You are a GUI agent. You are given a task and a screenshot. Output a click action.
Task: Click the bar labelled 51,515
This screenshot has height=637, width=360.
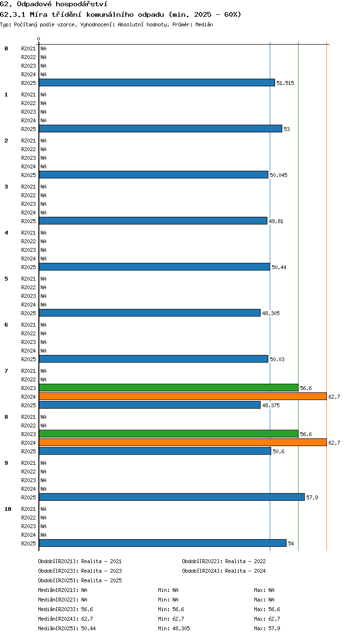coord(157,83)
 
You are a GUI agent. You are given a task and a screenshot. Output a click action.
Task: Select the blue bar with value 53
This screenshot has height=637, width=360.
coord(160,129)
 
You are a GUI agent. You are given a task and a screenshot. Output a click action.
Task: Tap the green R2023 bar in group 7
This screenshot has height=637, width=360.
coord(168,388)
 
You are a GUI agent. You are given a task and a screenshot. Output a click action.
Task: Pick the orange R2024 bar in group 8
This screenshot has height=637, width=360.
coord(183,442)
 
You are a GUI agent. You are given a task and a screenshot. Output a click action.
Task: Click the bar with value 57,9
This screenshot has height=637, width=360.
coord(172,497)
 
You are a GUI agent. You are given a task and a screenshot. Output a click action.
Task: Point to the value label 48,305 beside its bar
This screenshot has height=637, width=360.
coord(271,313)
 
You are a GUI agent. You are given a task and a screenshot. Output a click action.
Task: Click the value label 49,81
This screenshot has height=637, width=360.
coord(276,221)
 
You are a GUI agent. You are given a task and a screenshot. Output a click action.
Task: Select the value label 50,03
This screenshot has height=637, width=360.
coord(277,359)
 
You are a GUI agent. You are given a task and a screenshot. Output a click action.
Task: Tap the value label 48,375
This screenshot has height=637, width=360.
coord(271,405)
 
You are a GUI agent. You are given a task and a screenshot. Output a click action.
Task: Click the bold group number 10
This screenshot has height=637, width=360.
coord(8,509)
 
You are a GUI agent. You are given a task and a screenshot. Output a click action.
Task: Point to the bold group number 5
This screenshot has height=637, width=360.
coord(6,279)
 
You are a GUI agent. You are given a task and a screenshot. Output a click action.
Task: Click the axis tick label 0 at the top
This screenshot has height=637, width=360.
coord(39,39)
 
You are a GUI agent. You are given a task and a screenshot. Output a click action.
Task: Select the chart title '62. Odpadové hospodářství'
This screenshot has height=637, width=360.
coord(53,4)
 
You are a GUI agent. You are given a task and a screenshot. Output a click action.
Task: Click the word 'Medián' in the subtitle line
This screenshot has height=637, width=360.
coord(204,24)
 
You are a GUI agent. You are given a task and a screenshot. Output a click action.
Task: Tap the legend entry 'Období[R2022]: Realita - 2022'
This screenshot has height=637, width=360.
coord(224,561)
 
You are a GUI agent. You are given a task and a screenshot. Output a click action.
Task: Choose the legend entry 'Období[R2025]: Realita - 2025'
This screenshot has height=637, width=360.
coord(80,580)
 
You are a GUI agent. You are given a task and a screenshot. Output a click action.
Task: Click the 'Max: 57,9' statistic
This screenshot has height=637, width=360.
coord(267,628)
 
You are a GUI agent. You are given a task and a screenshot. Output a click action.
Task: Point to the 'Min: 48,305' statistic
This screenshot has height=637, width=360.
coord(174,628)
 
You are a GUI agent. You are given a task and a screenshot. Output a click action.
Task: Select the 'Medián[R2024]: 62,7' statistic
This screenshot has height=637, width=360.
coord(65,618)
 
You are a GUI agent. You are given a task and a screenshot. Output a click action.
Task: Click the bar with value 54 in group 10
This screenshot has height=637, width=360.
coord(163,543)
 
